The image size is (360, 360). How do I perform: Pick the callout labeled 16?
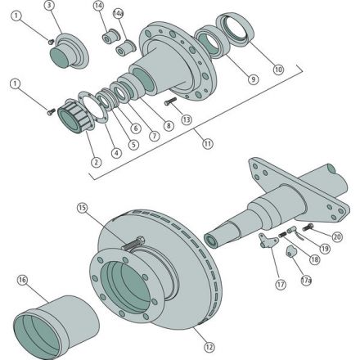(22, 281)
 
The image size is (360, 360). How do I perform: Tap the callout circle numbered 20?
(337, 236)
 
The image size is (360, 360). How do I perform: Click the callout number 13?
(187, 119)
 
